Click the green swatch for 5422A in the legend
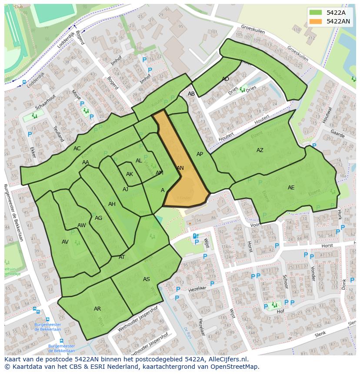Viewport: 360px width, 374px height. tap(316, 13)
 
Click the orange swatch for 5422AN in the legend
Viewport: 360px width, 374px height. tap(316, 21)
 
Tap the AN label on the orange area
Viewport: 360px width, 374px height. tap(180, 168)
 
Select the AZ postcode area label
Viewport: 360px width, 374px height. tap(260, 150)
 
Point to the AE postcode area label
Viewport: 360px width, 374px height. tap(291, 188)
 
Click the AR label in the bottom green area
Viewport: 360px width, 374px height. tap(97, 309)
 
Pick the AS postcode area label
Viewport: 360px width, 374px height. tap(147, 279)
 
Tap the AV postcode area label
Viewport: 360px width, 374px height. tap(65, 242)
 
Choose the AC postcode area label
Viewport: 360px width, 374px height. tap(77, 149)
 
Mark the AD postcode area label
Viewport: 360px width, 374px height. tap(225, 79)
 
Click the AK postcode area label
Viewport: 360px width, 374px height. tap(129, 174)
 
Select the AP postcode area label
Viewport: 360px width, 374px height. tap(200, 154)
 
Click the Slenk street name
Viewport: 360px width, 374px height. tap(320, 333)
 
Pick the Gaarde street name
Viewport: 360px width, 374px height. tap(337, 133)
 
